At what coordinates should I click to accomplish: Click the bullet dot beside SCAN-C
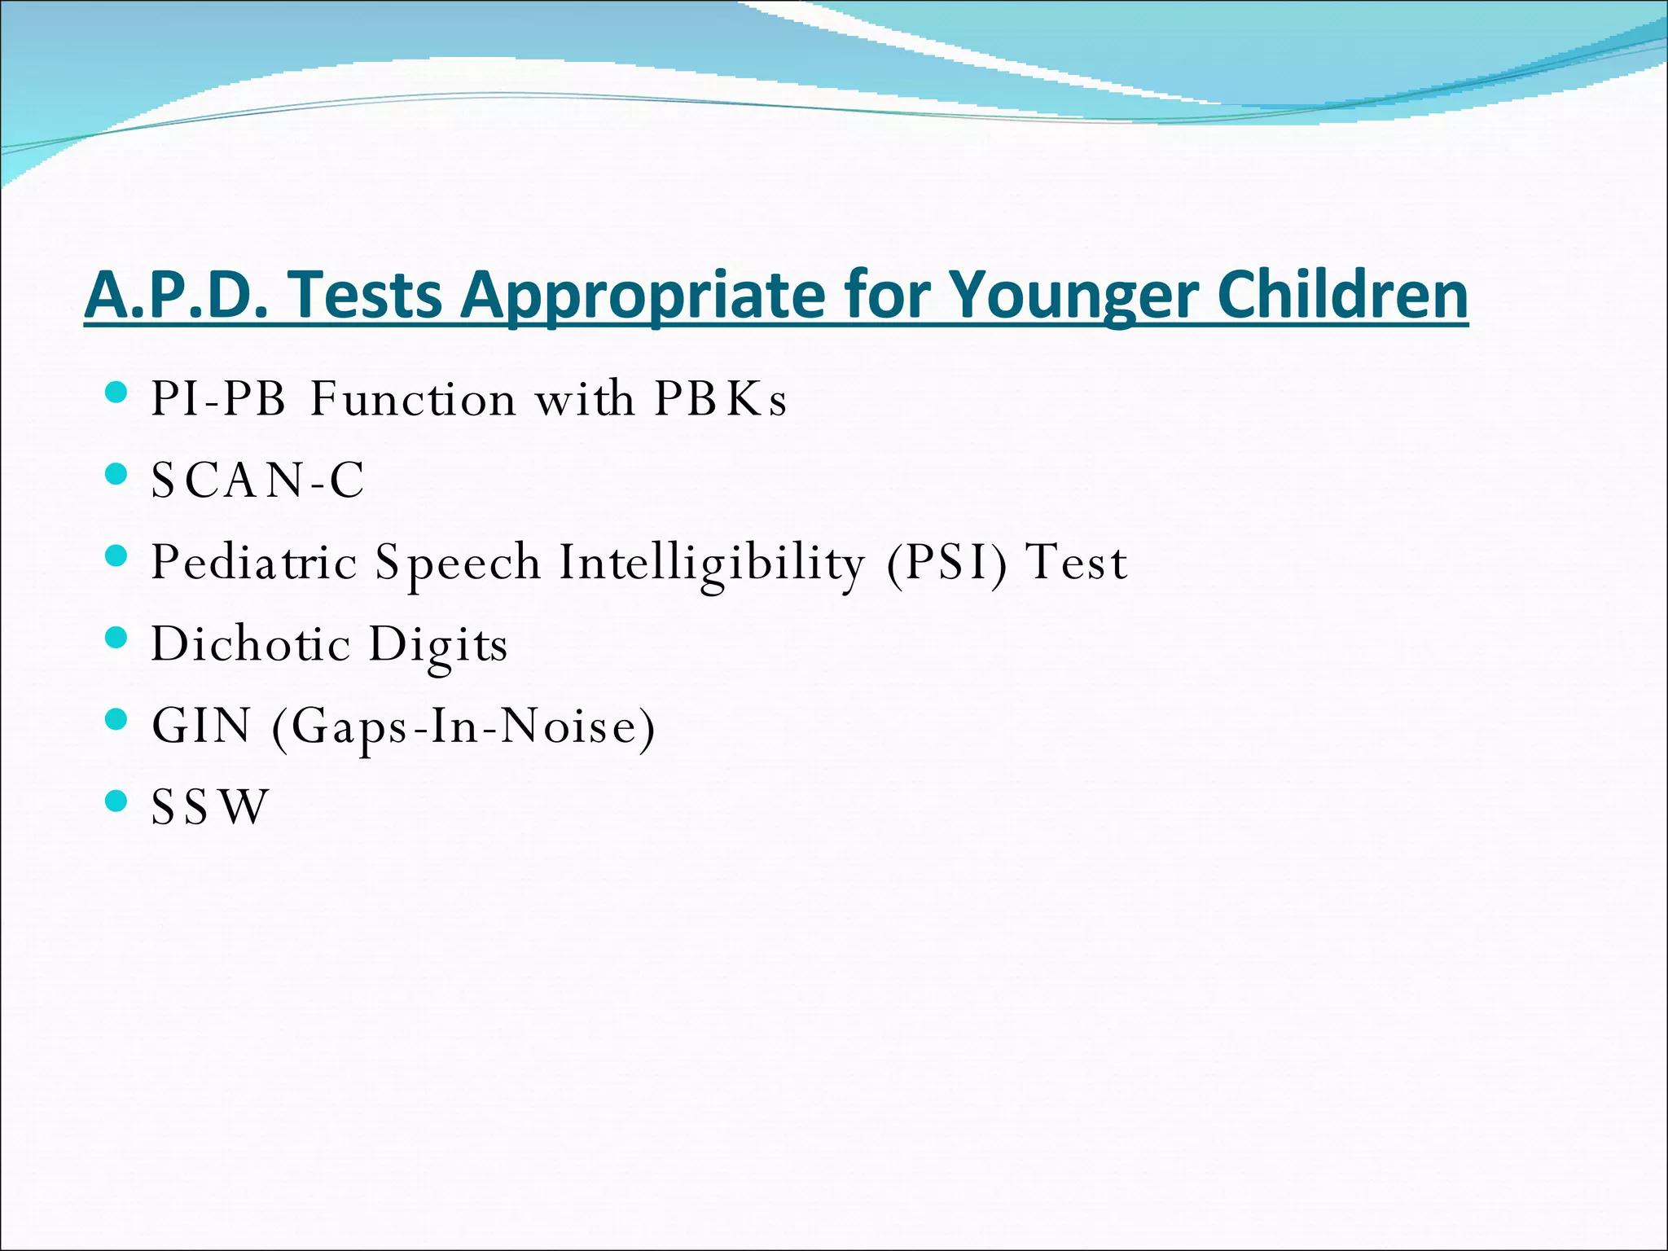(116, 475)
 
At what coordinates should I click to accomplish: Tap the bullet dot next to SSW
(116, 801)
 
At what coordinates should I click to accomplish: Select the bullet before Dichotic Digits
(116, 638)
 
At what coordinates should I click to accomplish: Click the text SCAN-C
(257, 481)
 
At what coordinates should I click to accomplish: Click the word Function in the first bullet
(413, 399)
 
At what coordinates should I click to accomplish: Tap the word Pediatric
(254, 562)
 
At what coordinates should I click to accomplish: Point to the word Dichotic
(251, 643)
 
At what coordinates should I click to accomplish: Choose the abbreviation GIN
(201, 725)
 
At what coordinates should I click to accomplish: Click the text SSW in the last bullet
(209, 807)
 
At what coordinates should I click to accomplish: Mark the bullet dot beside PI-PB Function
(116, 393)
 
